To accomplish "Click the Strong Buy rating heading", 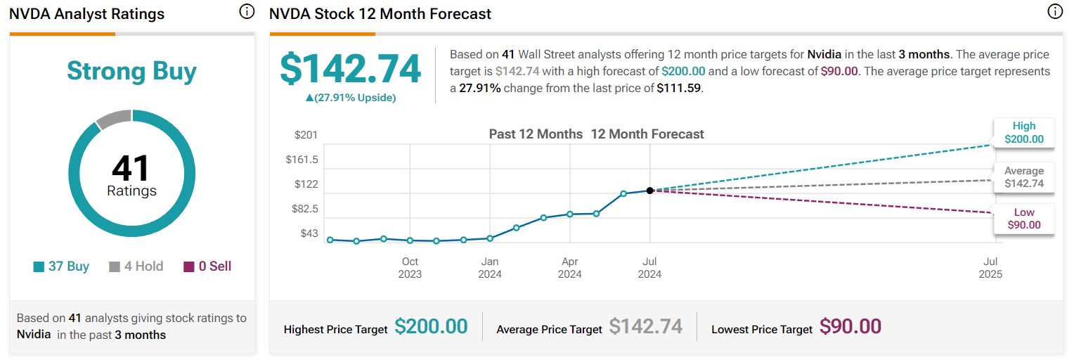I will (131, 71).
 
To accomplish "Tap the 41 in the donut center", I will (131, 169).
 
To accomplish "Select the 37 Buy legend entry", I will (62, 266).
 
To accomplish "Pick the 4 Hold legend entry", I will (136, 266).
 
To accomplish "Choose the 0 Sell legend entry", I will (207, 266).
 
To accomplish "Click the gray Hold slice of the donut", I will (114, 120).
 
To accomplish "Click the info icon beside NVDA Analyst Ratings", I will (246, 12).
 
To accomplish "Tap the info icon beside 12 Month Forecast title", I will (1054, 12).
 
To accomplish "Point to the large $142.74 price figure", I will (350, 69).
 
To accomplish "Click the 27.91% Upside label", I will (350, 98).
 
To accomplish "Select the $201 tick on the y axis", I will (306, 135).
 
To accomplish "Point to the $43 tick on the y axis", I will (309, 233).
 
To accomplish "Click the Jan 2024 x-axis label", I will (490, 268).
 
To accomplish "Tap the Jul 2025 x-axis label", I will (990, 268).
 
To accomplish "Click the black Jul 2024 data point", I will (649, 191).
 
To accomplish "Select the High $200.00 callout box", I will (1023, 132).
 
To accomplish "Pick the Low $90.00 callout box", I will (1023, 219).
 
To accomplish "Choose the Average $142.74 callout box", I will (1023, 177).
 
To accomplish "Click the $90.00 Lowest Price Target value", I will (851, 327).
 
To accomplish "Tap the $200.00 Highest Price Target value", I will (431, 327).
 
